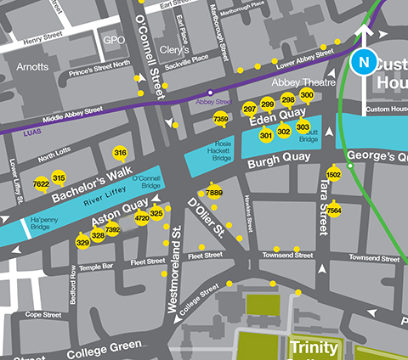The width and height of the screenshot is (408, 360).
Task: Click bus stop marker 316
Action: tap(120, 153)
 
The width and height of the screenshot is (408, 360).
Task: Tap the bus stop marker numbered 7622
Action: tap(41, 183)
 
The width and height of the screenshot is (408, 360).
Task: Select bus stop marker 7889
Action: tap(214, 194)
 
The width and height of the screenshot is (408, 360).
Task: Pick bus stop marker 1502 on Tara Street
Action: tap(334, 174)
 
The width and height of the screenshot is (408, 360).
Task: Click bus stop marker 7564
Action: tap(334, 209)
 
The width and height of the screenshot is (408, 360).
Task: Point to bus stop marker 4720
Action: tap(142, 218)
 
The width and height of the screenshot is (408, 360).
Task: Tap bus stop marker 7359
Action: tap(220, 119)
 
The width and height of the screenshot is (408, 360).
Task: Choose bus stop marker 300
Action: tap(307, 95)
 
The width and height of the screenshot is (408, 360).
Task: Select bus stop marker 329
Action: tap(82, 243)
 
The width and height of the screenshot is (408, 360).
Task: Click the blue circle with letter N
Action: tap(364, 62)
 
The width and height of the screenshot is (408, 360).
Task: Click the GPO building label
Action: tap(113, 40)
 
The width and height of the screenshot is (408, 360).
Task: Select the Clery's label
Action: tap(173, 50)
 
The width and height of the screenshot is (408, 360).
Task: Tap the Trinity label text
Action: tap(314, 347)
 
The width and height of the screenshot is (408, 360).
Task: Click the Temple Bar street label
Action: tap(96, 267)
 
